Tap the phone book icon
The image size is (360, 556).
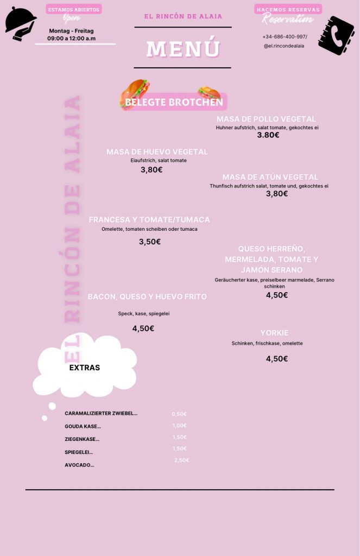(336, 36)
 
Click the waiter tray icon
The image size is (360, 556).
(20, 24)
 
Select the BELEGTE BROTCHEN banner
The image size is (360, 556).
(174, 102)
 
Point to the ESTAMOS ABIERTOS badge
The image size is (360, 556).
(73, 9)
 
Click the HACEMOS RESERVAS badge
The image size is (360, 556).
(288, 9)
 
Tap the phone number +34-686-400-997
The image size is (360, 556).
(285, 36)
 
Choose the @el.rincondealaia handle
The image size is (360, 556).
(284, 46)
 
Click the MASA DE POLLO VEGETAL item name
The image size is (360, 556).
(266, 119)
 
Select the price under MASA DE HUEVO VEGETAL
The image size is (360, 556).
(151, 169)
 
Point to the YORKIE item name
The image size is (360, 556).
(274, 333)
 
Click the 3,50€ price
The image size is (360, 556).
(149, 242)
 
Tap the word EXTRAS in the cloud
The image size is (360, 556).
(85, 368)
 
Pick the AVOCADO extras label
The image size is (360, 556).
(79, 465)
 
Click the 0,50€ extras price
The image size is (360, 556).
(179, 414)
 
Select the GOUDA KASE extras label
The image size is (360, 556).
(83, 426)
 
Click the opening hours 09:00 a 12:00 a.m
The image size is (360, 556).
(71, 39)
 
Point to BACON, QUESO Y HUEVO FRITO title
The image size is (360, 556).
(147, 297)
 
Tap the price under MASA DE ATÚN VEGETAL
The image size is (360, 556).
(277, 194)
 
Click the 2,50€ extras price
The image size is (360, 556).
(182, 460)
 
